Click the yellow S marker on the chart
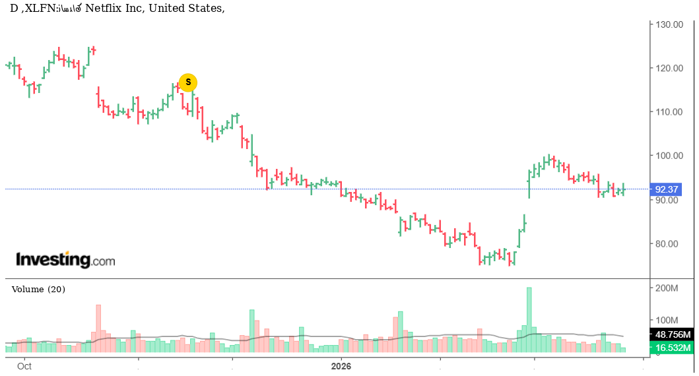pyautogui.click(x=188, y=82)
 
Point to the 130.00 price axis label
pyautogui.click(x=669, y=24)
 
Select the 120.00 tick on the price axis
pyautogui.click(x=669, y=68)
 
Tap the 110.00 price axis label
pyautogui.click(x=669, y=112)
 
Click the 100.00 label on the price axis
pyautogui.click(x=669, y=156)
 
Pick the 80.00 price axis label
pyautogui.click(x=669, y=243)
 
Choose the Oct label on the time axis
pyautogui.click(x=24, y=365)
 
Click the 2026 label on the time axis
pyautogui.click(x=341, y=365)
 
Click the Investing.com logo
pyautogui.click(x=65, y=260)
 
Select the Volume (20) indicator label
pyautogui.click(x=38, y=289)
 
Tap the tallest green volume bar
pyautogui.click(x=529, y=319)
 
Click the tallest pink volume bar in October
pyautogui.click(x=98, y=328)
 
